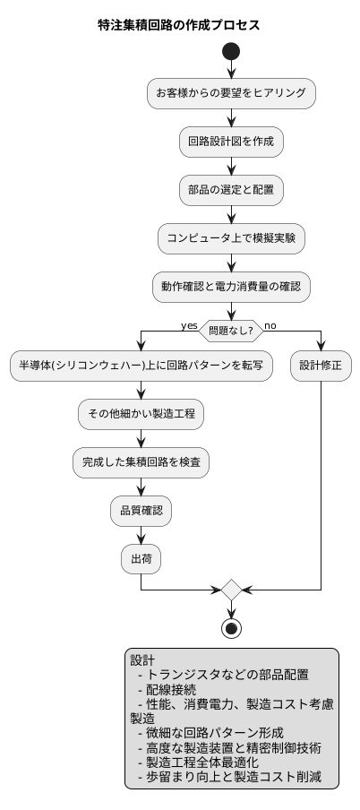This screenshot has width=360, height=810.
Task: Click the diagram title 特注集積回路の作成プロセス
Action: pyautogui.click(x=180, y=24)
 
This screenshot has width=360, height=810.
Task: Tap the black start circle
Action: pyautogui.click(x=231, y=52)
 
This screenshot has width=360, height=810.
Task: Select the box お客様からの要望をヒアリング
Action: pyautogui.click(x=231, y=92)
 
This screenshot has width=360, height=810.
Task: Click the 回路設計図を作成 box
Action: pyautogui.click(x=231, y=141)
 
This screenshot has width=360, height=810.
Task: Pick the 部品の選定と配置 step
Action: pyautogui.click(x=231, y=189)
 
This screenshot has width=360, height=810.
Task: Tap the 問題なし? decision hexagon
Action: pyautogui.click(x=231, y=330)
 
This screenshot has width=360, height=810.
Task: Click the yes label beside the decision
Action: pyautogui.click(x=189, y=325)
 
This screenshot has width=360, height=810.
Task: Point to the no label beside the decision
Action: pyautogui.click(x=270, y=325)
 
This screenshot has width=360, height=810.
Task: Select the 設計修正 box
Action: pyautogui.click(x=321, y=366)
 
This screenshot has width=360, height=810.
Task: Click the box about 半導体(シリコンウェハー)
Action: pyautogui.click(x=141, y=366)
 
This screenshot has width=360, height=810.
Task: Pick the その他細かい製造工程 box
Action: pyautogui.click(x=141, y=414)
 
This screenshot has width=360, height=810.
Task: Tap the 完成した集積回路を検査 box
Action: pyautogui.click(x=141, y=462)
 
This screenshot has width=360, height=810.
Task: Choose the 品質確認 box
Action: pyautogui.click(x=141, y=511)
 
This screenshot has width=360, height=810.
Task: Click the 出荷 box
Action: pyautogui.click(x=141, y=559)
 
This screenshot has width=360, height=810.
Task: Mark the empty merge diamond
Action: pyautogui.click(x=231, y=590)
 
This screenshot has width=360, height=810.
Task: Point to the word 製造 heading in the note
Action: pyautogui.click(x=143, y=719)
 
